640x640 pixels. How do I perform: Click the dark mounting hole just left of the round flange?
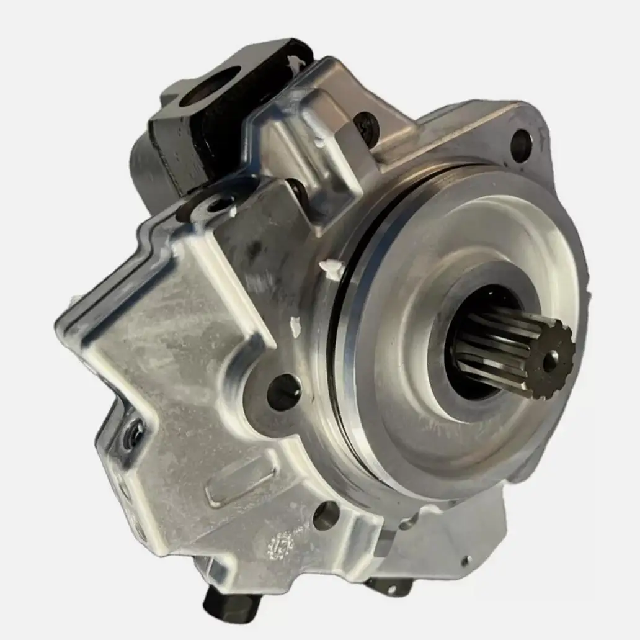click(x=284, y=392)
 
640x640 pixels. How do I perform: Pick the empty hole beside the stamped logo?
click(x=326, y=515)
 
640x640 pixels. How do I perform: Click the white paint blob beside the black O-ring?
click(x=331, y=268)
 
